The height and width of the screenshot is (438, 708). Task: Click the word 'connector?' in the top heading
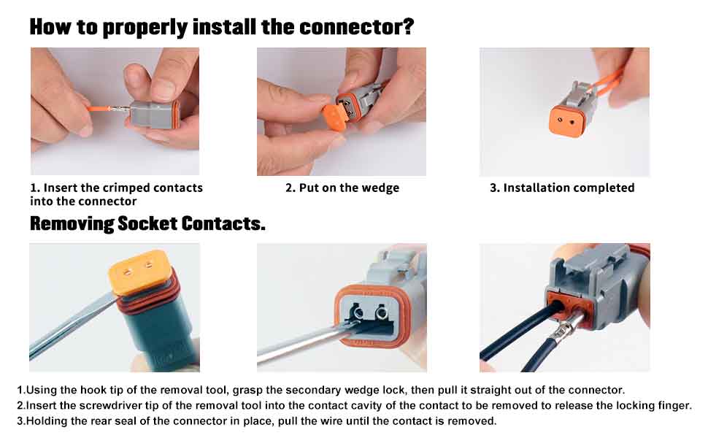coord(356,26)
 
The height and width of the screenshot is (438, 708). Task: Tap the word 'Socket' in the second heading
coord(147,224)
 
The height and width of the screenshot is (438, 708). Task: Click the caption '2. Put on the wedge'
coord(342,188)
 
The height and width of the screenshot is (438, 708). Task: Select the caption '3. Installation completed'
coord(562,188)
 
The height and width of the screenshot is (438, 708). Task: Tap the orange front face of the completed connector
coord(566,121)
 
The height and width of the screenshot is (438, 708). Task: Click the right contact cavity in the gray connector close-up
coord(382,312)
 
